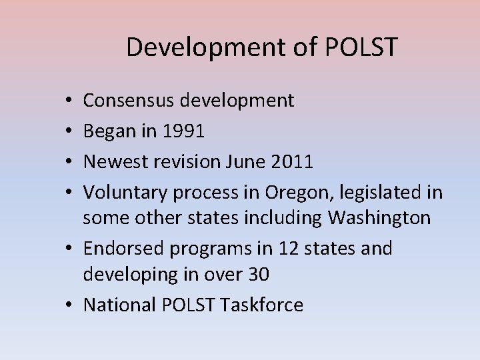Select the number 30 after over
click(x=261, y=275)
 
